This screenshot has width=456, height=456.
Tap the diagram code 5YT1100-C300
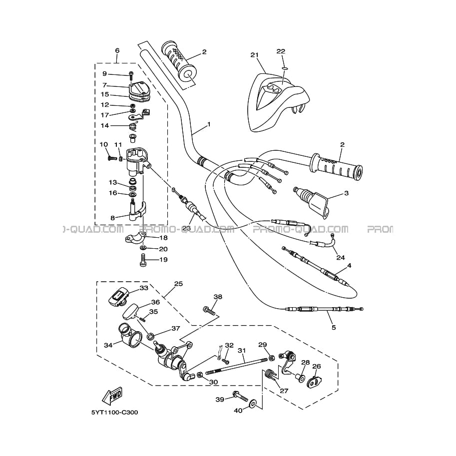click(x=114, y=413)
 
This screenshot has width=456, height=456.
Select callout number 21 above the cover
click(x=254, y=55)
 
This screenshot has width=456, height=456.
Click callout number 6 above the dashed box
click(x=117, y=50)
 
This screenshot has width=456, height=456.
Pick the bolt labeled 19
click(x=143, y=259)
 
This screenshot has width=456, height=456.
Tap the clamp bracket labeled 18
click(x=135, y=238)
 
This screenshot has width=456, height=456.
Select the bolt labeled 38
click(x=209, y=311)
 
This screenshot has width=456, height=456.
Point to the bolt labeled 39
click(x=240, y=396)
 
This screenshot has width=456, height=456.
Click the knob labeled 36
click(x=130, y=312)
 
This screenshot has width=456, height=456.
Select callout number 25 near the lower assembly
click(x=178, y=284)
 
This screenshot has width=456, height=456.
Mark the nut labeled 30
click(x=200, y=375)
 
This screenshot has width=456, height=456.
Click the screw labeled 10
click(x=112, y=158)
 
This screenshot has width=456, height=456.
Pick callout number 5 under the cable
click(x=334, y=328)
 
